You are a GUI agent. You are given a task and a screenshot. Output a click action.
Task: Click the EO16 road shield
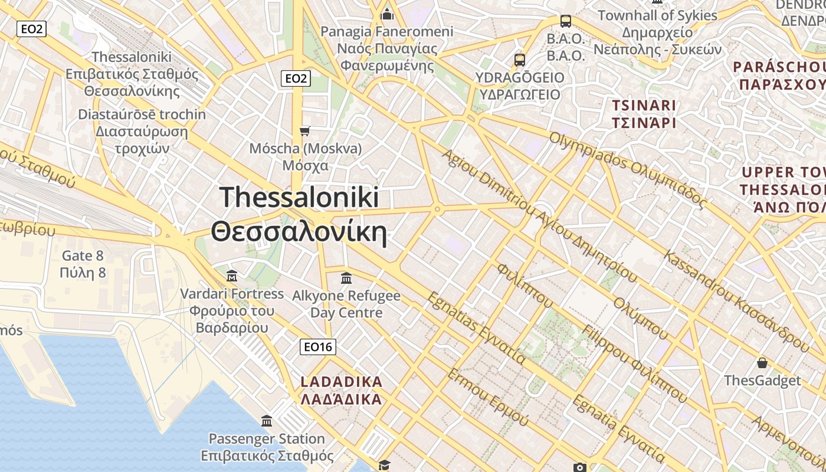318,347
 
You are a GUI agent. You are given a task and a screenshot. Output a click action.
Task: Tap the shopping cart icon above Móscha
304,130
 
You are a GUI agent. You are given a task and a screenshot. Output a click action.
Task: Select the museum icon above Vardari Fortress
232,276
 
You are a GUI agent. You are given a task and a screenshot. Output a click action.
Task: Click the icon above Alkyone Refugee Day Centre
346,277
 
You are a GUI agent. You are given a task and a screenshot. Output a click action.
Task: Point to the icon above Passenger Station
267,421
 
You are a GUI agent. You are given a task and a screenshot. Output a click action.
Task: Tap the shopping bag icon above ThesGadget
762,362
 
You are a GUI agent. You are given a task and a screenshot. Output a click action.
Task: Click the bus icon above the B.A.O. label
566,21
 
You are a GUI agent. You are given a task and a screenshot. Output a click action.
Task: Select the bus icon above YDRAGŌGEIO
519,60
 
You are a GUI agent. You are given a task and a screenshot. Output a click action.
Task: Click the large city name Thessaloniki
299,197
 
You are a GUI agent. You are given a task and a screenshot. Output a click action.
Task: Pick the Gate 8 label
83,256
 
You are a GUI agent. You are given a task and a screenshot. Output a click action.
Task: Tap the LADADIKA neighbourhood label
342,382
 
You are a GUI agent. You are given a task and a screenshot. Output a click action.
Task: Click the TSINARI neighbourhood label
644,106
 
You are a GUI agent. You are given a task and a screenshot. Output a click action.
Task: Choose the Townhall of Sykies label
657,15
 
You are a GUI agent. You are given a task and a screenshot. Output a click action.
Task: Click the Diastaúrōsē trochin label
142,114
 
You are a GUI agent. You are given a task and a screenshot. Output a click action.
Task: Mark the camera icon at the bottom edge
579,467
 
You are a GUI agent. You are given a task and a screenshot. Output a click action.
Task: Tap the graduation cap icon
384,465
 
